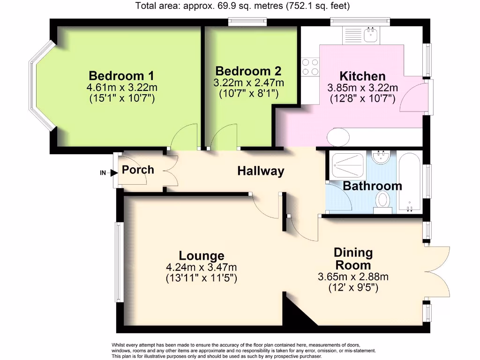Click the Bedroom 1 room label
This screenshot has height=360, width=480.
[x=121, y=75]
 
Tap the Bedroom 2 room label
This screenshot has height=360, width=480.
[x=248, y=71]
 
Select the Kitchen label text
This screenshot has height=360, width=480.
[x=362, y=76]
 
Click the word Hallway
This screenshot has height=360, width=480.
[x=261, y=171]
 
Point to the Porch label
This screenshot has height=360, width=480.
[x=138, y=169]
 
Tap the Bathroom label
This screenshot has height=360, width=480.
[x=372, y=186]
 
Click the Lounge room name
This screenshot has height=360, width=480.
[x=202, y=255]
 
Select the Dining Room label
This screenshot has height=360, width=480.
[x=353, y=259]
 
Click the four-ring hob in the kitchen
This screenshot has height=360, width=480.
[x=309, y=67]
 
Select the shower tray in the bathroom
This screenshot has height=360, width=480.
[x=346, y=161]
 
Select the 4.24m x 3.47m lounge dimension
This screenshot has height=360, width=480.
[x=202, y=267]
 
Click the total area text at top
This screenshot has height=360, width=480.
[x=242, y=6]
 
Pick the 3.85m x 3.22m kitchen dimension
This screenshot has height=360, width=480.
[x=362, y=88]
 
